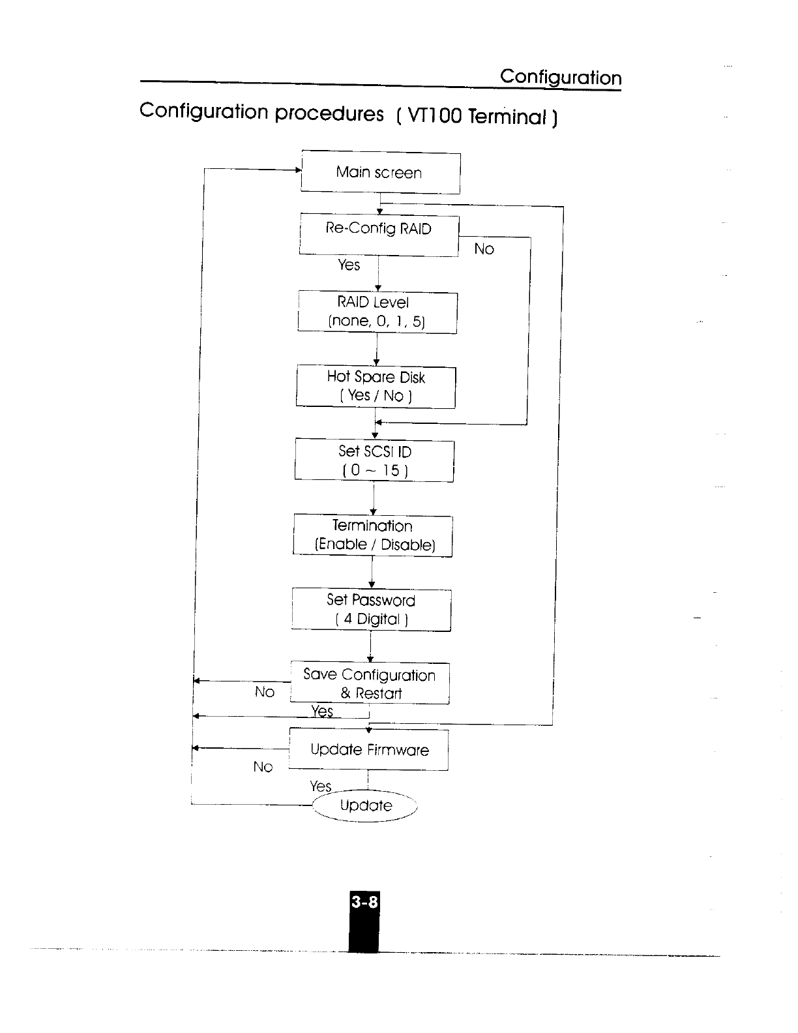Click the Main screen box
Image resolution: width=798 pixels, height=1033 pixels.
[x=380, y=173]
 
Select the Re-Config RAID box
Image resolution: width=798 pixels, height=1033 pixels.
[x=379, y=235]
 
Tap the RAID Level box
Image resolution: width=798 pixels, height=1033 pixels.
[x=377, y=312]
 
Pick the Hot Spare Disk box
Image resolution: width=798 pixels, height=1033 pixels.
[x=376, y=387]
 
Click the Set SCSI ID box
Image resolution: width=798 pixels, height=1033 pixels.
[x=374, y=460]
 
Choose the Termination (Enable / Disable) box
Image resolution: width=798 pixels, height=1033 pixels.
[x=373, y=535]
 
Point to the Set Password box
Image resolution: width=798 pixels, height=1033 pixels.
[x=371, y=610]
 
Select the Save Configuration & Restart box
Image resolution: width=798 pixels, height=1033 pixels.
[x=370, y=683]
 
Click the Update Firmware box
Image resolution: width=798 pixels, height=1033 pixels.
[x=369, y=750]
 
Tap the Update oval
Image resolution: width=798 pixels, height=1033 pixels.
[x=366, y=806]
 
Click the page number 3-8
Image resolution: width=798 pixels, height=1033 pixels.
[x=364, y=903]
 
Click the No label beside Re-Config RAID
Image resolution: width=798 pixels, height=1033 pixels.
[x=484, y=249]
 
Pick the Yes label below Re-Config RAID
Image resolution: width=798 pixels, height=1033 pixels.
[x=349, y=265]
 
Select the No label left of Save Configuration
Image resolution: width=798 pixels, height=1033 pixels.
[x=264, y=692]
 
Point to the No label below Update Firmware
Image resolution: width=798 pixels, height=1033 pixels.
[x=263, y=767]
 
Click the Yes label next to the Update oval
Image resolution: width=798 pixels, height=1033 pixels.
[x=321, y=786]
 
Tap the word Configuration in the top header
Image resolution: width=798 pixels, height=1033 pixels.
[x=561, y=78]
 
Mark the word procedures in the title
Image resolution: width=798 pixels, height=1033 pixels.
[x=329, y=113]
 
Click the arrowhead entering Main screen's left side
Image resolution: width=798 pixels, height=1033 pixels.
[x=298, y=170]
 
